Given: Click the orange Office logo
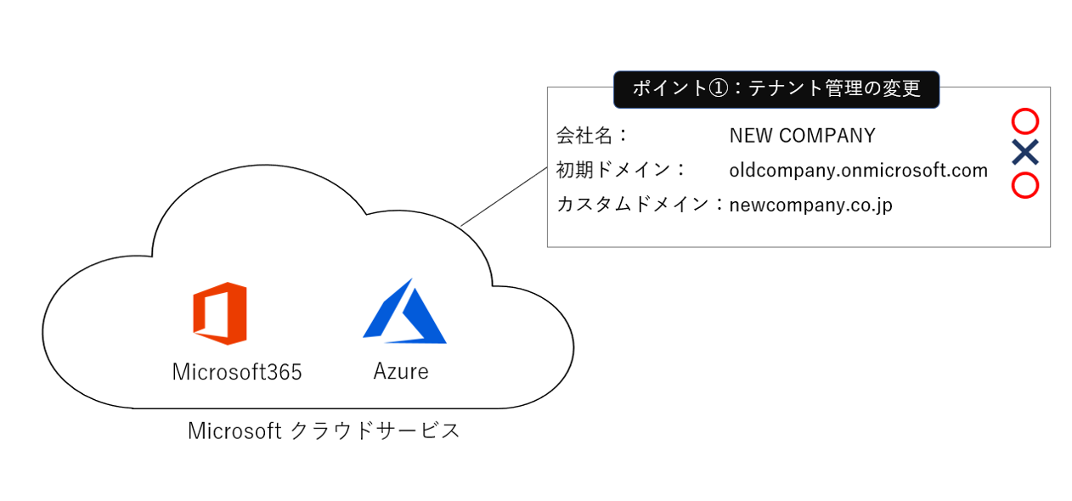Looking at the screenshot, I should tap(220, 313).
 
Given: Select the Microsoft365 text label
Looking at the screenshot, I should tap(237, 372).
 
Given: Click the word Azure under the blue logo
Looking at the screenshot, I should tap(401, 371).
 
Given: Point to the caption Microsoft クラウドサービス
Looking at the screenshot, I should tap(324, 431).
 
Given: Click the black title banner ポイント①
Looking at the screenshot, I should tap(776, 88).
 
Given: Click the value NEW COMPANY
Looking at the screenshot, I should tap(802, 135).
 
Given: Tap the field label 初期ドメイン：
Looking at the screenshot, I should tap(621, 170).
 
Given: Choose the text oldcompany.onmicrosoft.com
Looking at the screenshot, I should tap(858, 170).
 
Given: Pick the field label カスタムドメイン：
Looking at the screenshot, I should tap(640, 205).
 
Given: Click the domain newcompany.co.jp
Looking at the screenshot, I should tap(810, 205).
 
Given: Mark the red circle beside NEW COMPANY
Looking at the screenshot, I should tap(1025, 121).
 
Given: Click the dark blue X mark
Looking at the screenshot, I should tap(1025, 153).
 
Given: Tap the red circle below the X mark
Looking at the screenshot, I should tap(1025, 185).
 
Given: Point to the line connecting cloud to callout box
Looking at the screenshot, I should tap(504, 196).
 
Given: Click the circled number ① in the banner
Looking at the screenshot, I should tap(718, 88).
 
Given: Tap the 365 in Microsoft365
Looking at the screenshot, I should tap(285, 372).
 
